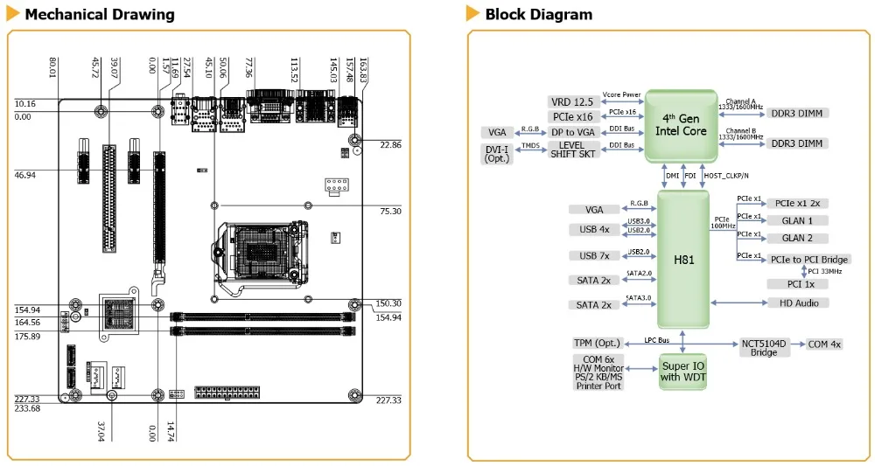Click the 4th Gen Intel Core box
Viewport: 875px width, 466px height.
pyautogui.click(x=681, y=126)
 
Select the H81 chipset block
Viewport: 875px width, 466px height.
pyautogui.click(x=683, y=259)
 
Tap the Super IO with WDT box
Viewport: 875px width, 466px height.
pyautogui.click(x=683, y=372)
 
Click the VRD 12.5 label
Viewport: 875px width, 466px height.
pyautogui.click(x=572, y=101)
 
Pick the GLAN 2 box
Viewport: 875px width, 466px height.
pyautogui.click(x=797, y=238)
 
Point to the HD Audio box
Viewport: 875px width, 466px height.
pyautogui.click(x=799, y=303)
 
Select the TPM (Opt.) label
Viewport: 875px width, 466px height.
pyautogui.click(x=597, y=344)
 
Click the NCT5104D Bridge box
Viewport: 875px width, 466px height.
pyautogui.click(x=763, y=348)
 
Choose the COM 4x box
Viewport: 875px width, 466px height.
pyautogui.click(x=824, y=344)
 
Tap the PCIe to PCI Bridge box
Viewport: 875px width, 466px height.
pyautogui.click(x=809, y=259)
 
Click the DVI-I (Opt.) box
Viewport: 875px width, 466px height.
pyautogui.click(x=497, y=154)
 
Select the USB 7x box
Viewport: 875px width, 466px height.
pyautogui.click(x=594, y=256)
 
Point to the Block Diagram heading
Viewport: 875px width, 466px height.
pyautogui.click(x=538, y=15)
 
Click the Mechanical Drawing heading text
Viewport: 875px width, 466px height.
pyautogui.click(x=100, y=15)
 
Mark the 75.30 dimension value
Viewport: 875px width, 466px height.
pyautogui.click(x=390, y=212)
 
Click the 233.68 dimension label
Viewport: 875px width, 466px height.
pyautogui.click(x=27, y=408)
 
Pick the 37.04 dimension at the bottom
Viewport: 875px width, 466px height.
pyautogui.click(x=101, y=431)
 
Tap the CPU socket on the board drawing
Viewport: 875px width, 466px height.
pyautogui.click(x=261, y=254)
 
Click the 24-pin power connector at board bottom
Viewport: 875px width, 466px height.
pyautogui.click(x=227, y=392)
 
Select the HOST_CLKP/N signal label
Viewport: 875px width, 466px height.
pyautogui.click(x=726, y=176)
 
